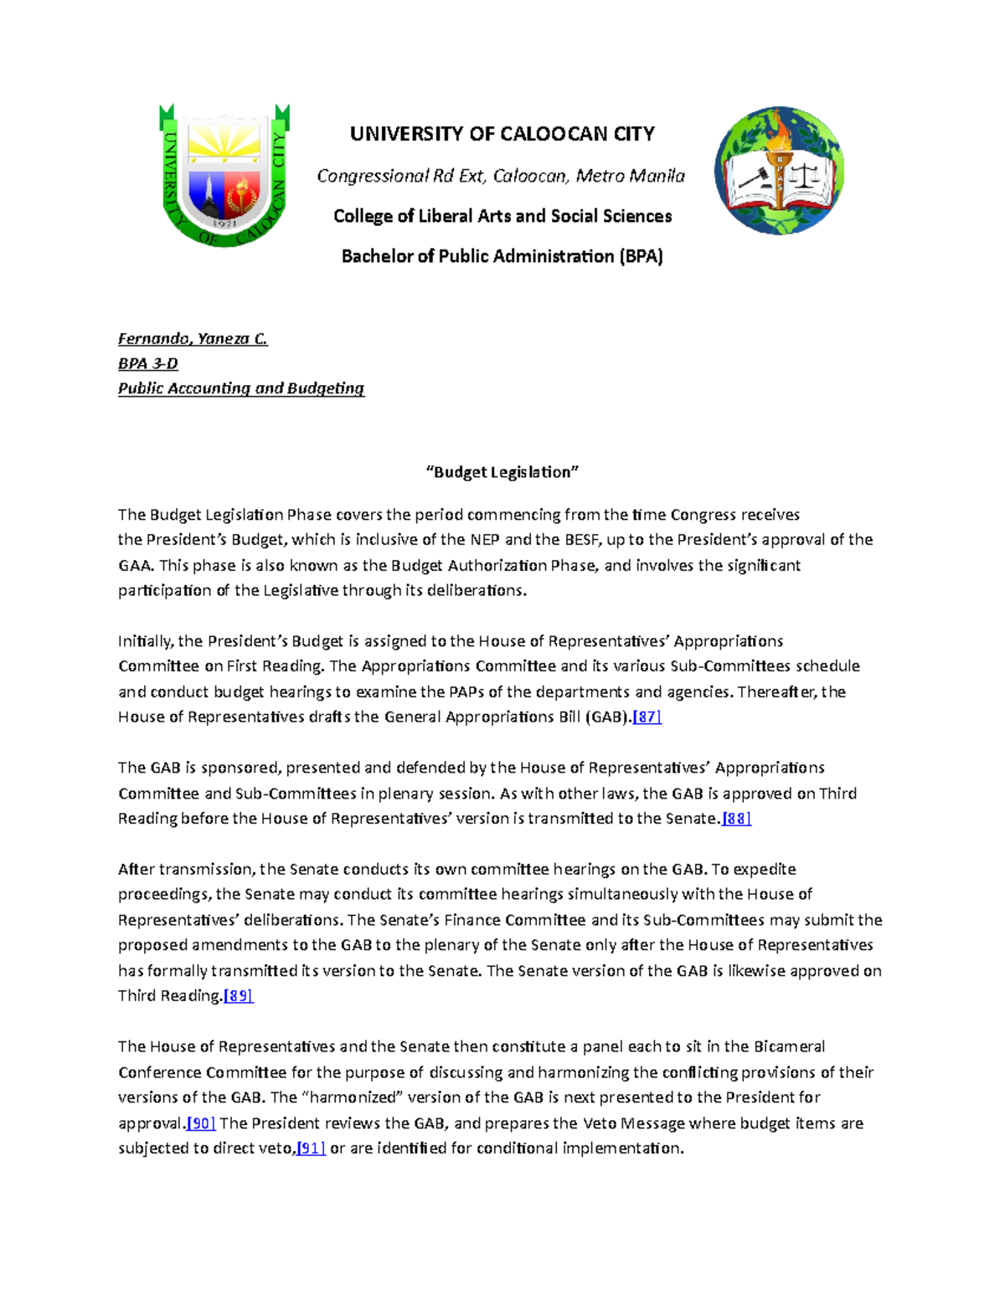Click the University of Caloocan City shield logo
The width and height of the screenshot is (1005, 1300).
224,176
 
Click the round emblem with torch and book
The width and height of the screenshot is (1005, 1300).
779,171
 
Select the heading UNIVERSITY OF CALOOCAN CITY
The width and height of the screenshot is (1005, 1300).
502,134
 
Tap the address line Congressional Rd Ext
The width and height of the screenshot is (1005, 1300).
501,176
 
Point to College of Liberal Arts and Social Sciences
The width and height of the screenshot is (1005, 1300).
502,216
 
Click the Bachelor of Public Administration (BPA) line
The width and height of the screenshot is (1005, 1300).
502,256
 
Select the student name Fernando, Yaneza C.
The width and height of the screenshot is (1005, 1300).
193,339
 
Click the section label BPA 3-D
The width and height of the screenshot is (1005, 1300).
148,363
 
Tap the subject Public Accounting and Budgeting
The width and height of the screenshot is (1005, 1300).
241,388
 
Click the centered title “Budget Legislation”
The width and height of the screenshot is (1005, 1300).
502,472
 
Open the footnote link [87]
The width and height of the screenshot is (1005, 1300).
647,717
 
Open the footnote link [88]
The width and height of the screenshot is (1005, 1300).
737,819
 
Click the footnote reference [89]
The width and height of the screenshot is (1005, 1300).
239,996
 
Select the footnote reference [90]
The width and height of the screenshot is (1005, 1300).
201,1123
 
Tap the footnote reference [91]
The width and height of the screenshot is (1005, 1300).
312,1148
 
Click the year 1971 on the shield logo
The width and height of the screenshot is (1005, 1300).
224,224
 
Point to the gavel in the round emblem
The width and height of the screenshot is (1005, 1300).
750,179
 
